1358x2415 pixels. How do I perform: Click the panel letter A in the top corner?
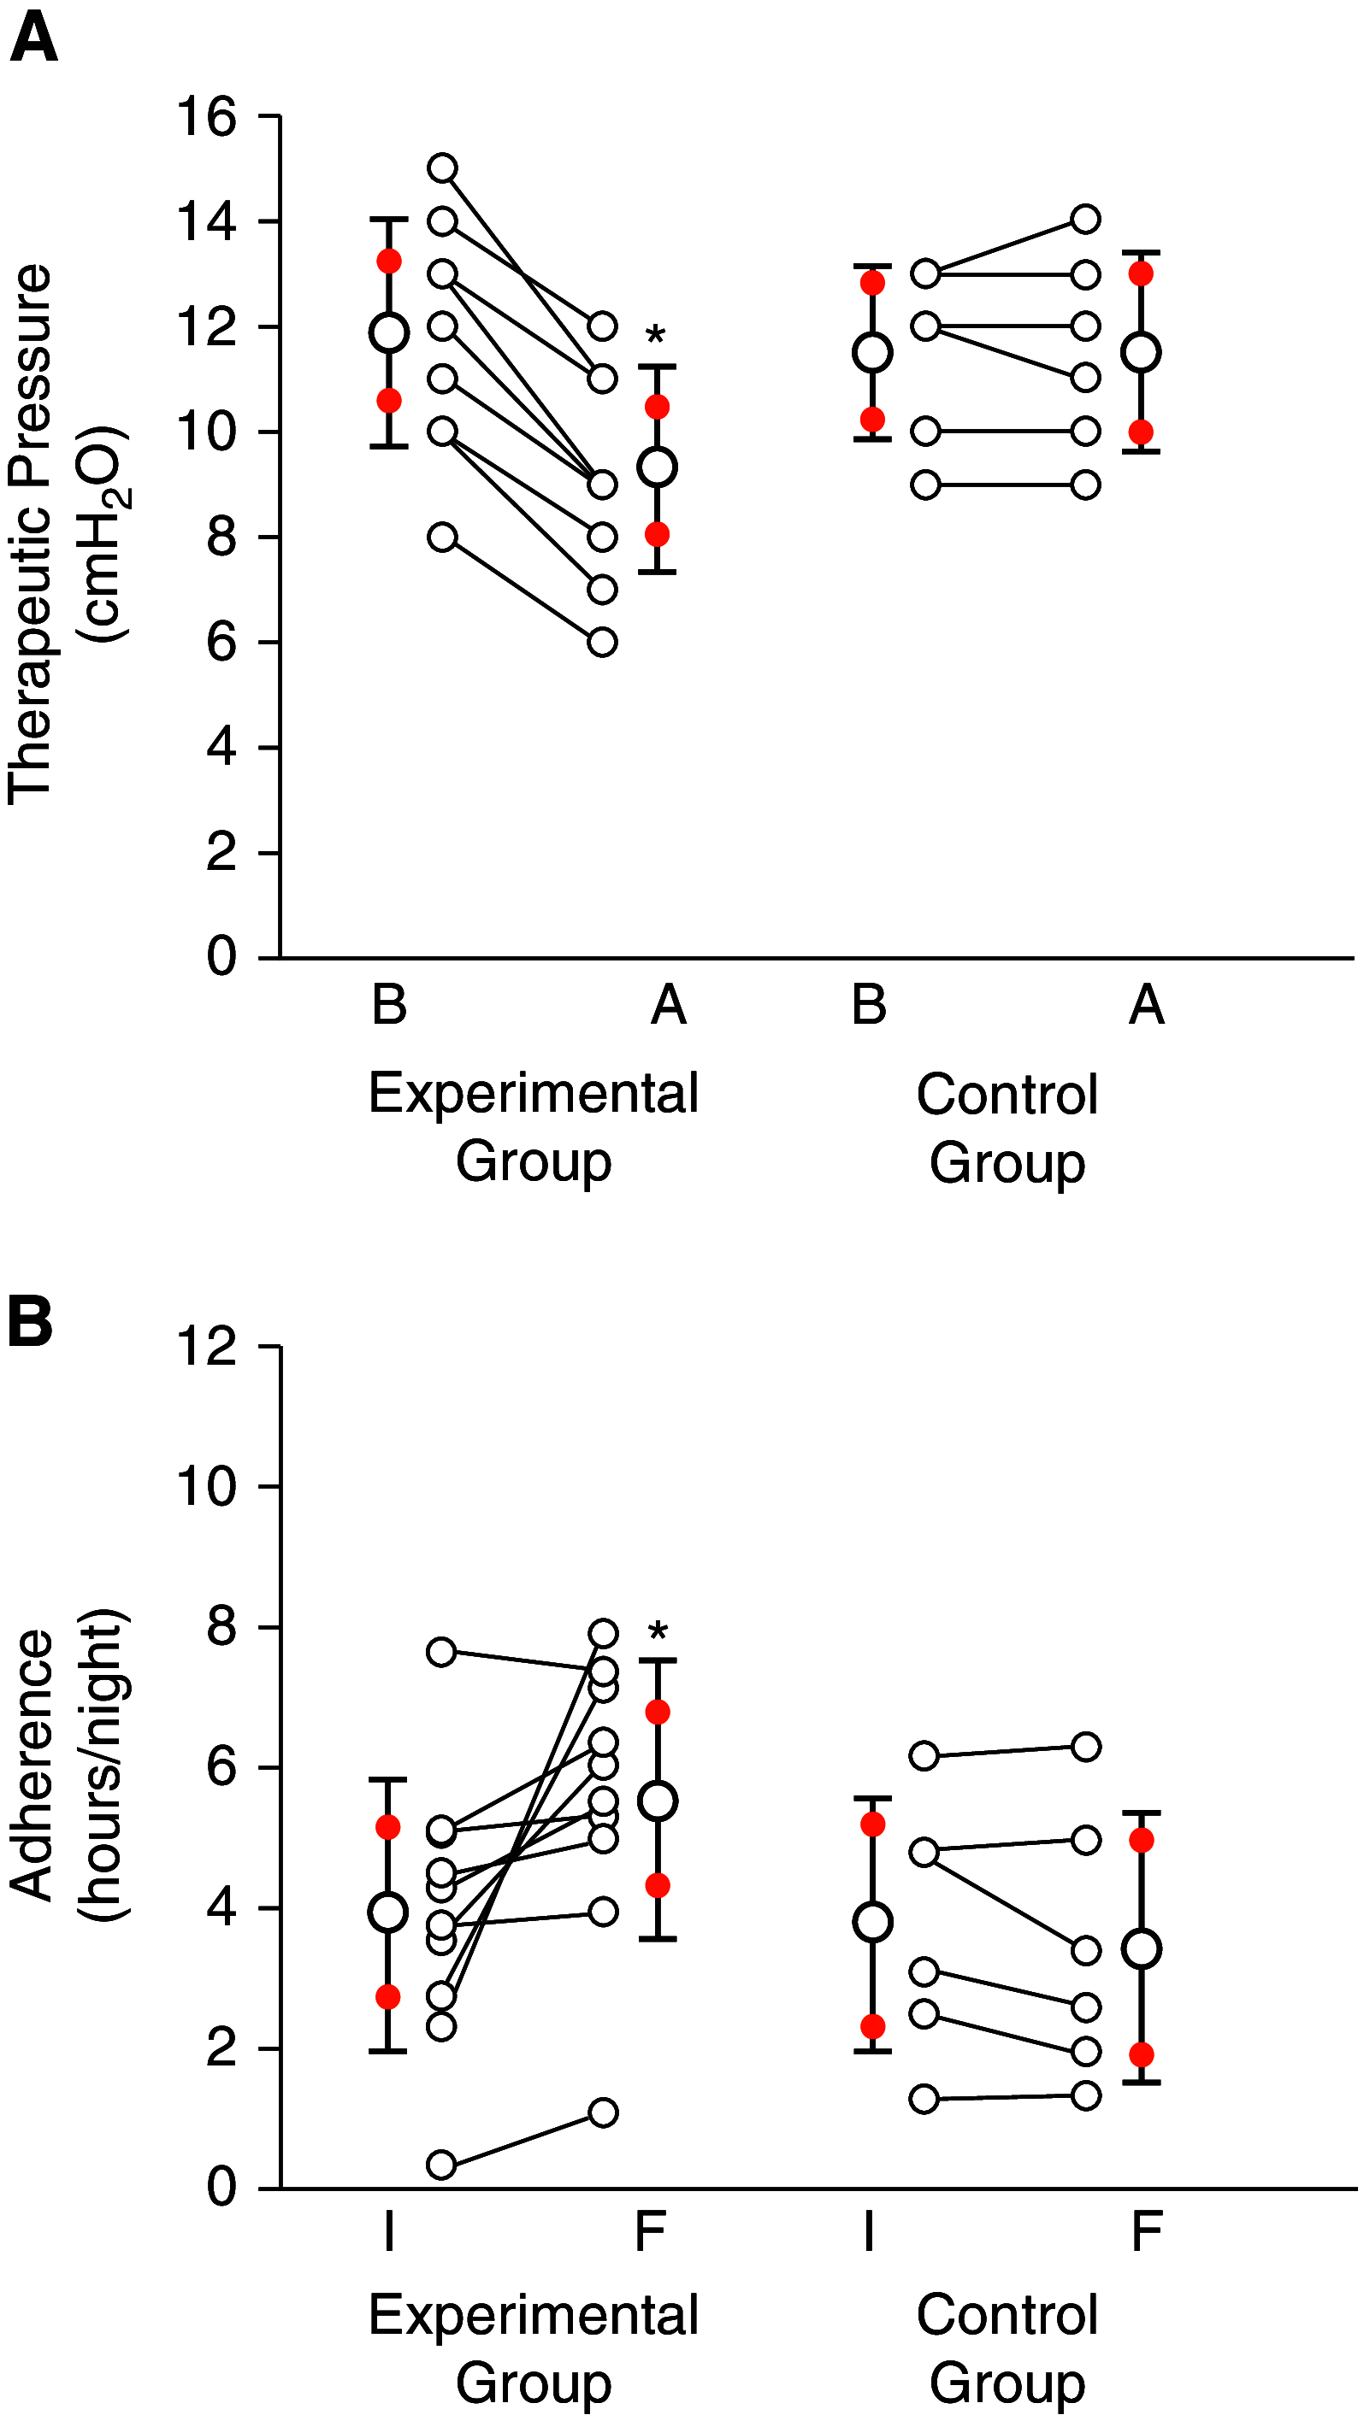(32, 39)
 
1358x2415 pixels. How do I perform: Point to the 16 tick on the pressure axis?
(207, 117)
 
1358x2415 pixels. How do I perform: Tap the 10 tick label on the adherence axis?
(207, 1486)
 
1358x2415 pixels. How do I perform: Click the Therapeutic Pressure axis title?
(30, 534)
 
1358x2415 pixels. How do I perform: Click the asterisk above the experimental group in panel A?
(657, 336)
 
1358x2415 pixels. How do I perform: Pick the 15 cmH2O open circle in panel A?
(442, 167)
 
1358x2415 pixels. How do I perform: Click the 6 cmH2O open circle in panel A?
(602, 642)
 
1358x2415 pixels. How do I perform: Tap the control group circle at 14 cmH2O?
(1085, 219)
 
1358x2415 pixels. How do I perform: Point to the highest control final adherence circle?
(1085, 1747)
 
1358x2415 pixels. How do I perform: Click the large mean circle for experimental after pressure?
(658, 467)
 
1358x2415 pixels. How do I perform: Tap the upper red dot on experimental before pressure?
(389, 261)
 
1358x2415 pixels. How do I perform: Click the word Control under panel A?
(1007, 1094)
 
